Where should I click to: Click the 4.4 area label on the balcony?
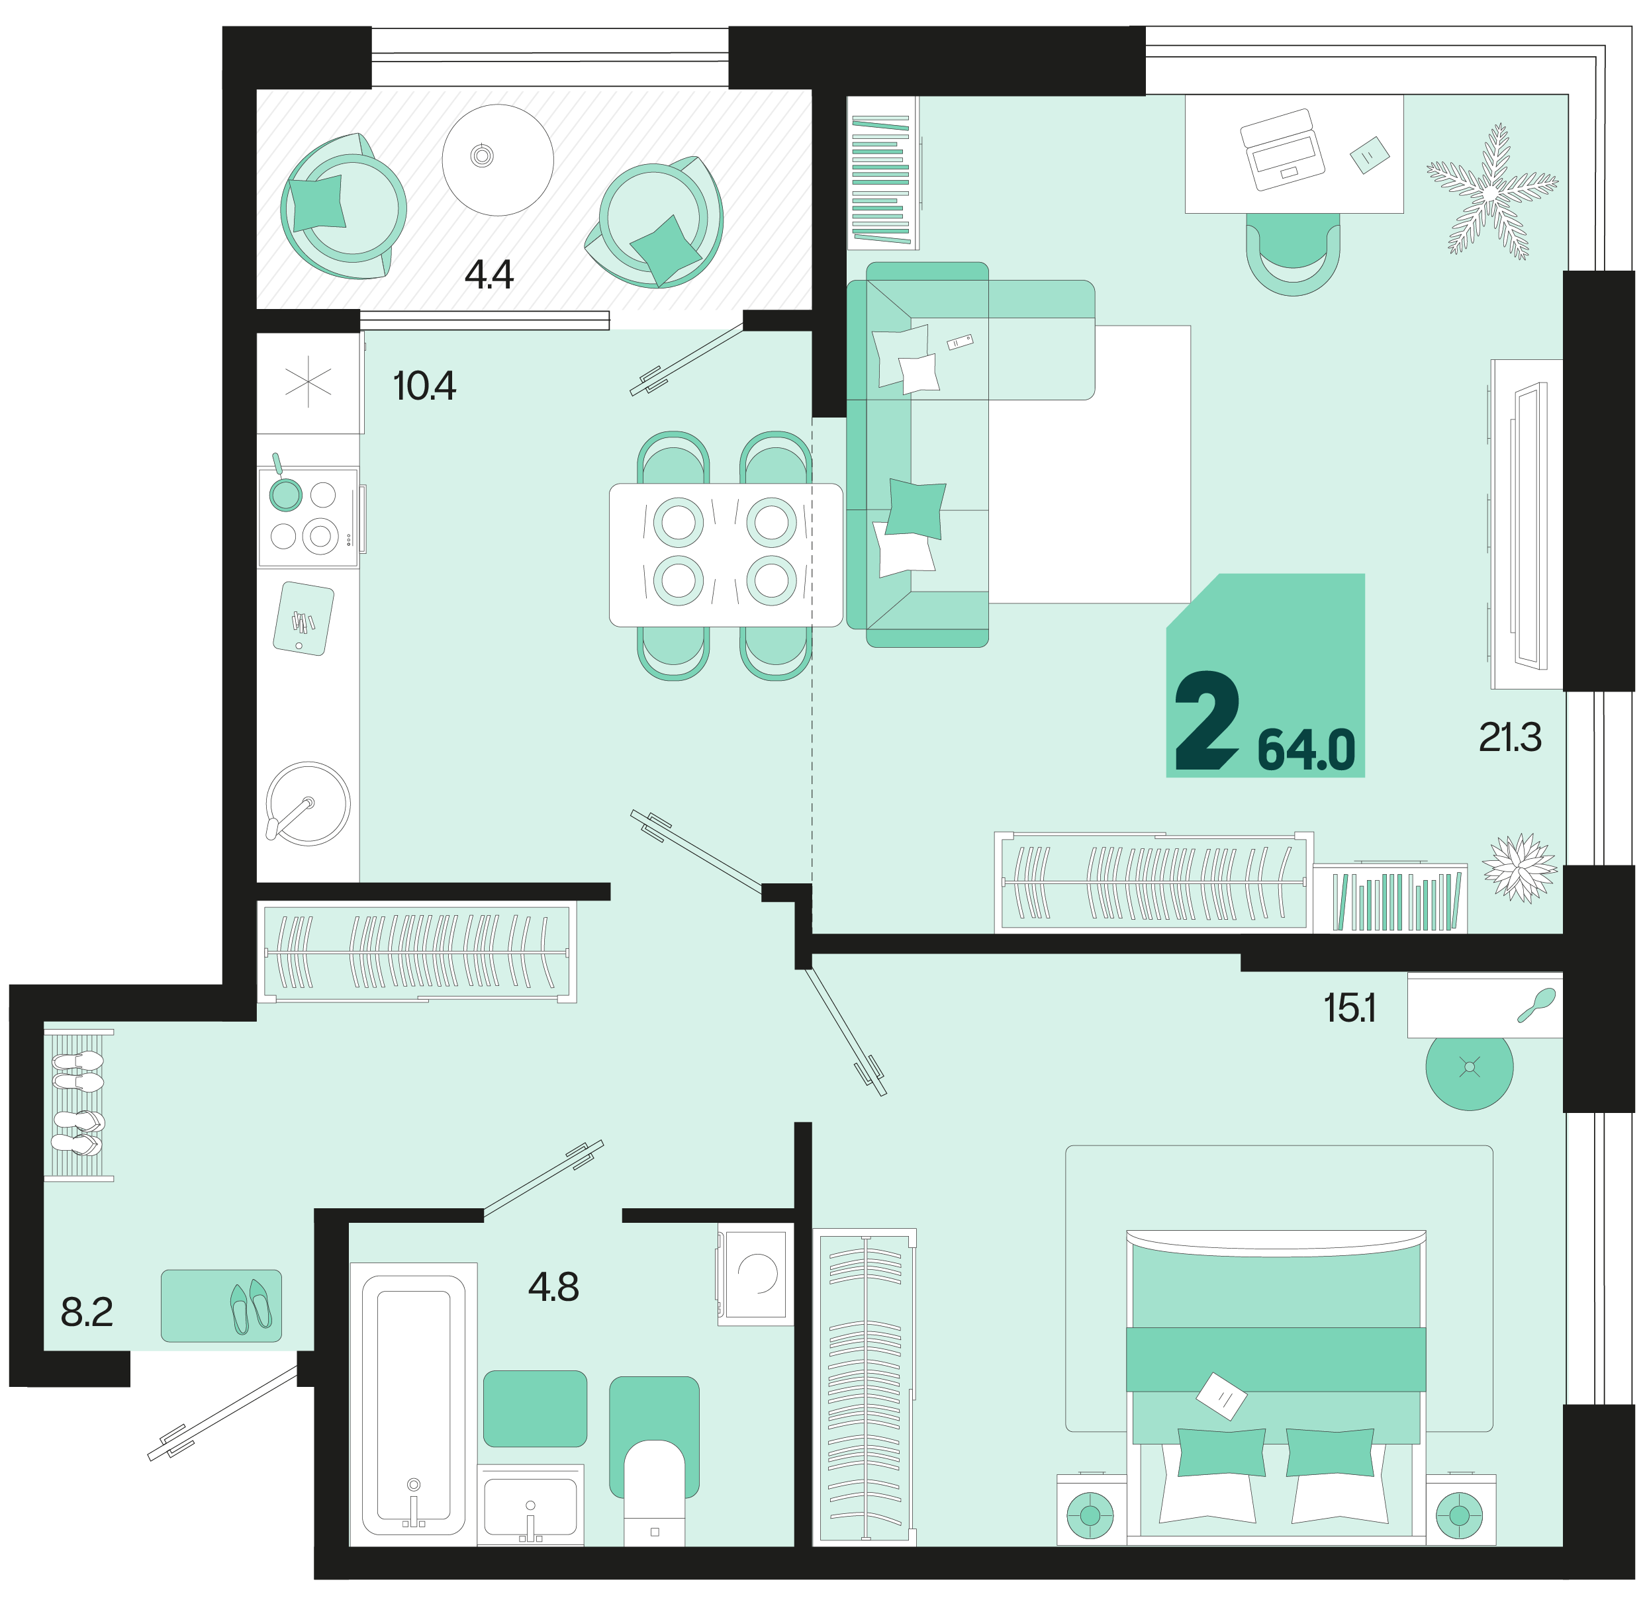[x=489, y=275]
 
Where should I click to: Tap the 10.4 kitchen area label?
[x=424, y=386]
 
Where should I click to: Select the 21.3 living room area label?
[x=1510, y=738]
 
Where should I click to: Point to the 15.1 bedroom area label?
[x=1350, y=1008]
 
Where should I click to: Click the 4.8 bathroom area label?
[x=554, y=1286]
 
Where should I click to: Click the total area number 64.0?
[x=1306, y=750]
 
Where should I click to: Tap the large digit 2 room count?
[x=1207, y=721]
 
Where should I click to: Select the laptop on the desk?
[x=1282, y=150]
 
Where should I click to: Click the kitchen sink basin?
[x=308, y=803]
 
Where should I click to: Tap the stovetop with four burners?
[x=309, y=517]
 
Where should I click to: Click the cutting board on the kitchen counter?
[x=303, y=619]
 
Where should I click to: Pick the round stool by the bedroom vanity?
[x=1470, y=1069]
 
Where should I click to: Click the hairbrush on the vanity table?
[x=1537, y=1005]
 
